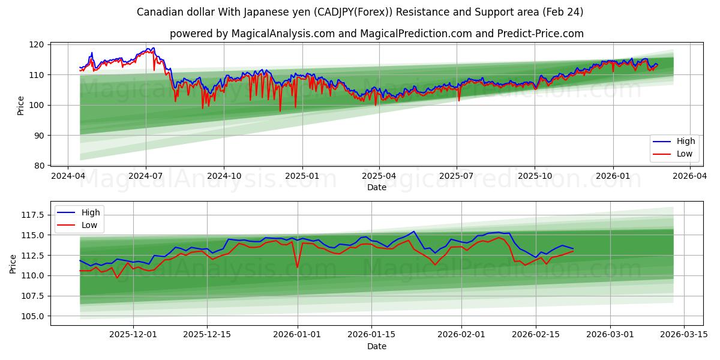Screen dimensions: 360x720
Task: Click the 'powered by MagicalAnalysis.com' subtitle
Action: pos(376,34)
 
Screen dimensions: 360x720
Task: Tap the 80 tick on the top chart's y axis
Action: pos(38,166)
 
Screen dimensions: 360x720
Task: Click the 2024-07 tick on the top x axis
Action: pos(146,176)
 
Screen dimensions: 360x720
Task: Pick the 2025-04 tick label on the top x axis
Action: pos(379,176)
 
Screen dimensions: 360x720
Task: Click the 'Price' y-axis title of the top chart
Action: pos(21,105)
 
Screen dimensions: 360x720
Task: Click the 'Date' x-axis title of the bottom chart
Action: pos(376,346)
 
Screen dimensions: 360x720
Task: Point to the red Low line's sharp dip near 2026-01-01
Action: pos(297,268)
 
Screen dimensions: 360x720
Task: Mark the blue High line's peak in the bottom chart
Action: pos(413,232)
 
